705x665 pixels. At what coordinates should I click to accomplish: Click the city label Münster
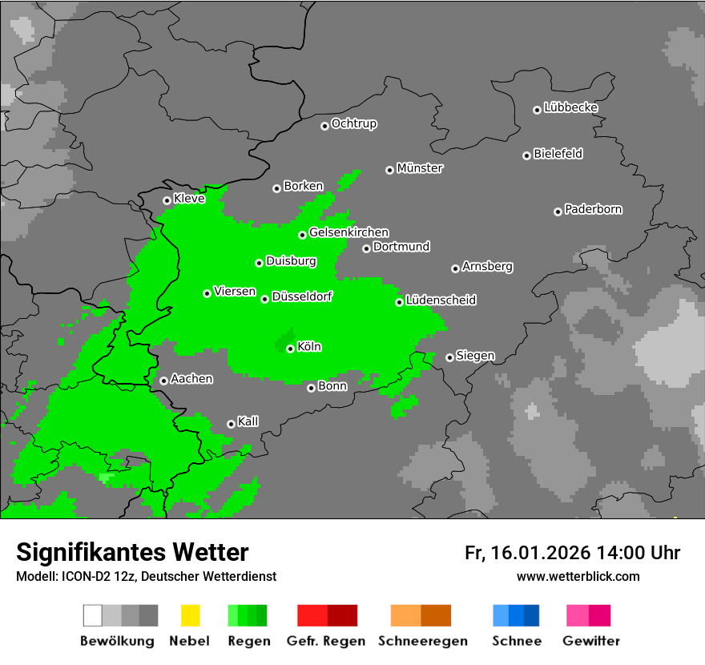tap(420, 168)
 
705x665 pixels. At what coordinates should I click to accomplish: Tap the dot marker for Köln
tap(290, 349)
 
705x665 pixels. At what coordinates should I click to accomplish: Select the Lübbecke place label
tap(570, 107)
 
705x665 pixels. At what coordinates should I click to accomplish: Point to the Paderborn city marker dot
tap(558, 212)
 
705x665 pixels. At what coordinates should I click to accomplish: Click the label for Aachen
tap(191, 379)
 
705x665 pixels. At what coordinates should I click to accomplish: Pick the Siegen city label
tap(475, 356)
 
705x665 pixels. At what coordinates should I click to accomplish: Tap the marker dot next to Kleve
tap(167, 200)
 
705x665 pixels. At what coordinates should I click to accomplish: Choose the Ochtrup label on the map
tap(353, 123)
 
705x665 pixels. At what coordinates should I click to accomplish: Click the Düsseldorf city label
tap(302, 296)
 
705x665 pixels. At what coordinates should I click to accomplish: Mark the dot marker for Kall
tap(231, 424)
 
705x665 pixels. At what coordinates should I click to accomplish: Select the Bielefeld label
tap(558, 154)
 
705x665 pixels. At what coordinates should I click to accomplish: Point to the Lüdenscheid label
tap(441, 300)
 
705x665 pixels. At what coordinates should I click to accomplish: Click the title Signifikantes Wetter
tap(132, 552)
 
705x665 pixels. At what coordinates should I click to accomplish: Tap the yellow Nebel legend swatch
tap(190, 615)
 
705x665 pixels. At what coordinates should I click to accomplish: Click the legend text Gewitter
tap(590, 641)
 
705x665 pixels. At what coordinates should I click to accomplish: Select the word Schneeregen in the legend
tap(422, 641)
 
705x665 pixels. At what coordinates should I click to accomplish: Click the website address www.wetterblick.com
tap(578, 576)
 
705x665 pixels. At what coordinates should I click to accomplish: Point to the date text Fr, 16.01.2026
tap(527, 553)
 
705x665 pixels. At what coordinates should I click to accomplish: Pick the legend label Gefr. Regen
tap(326, 641)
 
